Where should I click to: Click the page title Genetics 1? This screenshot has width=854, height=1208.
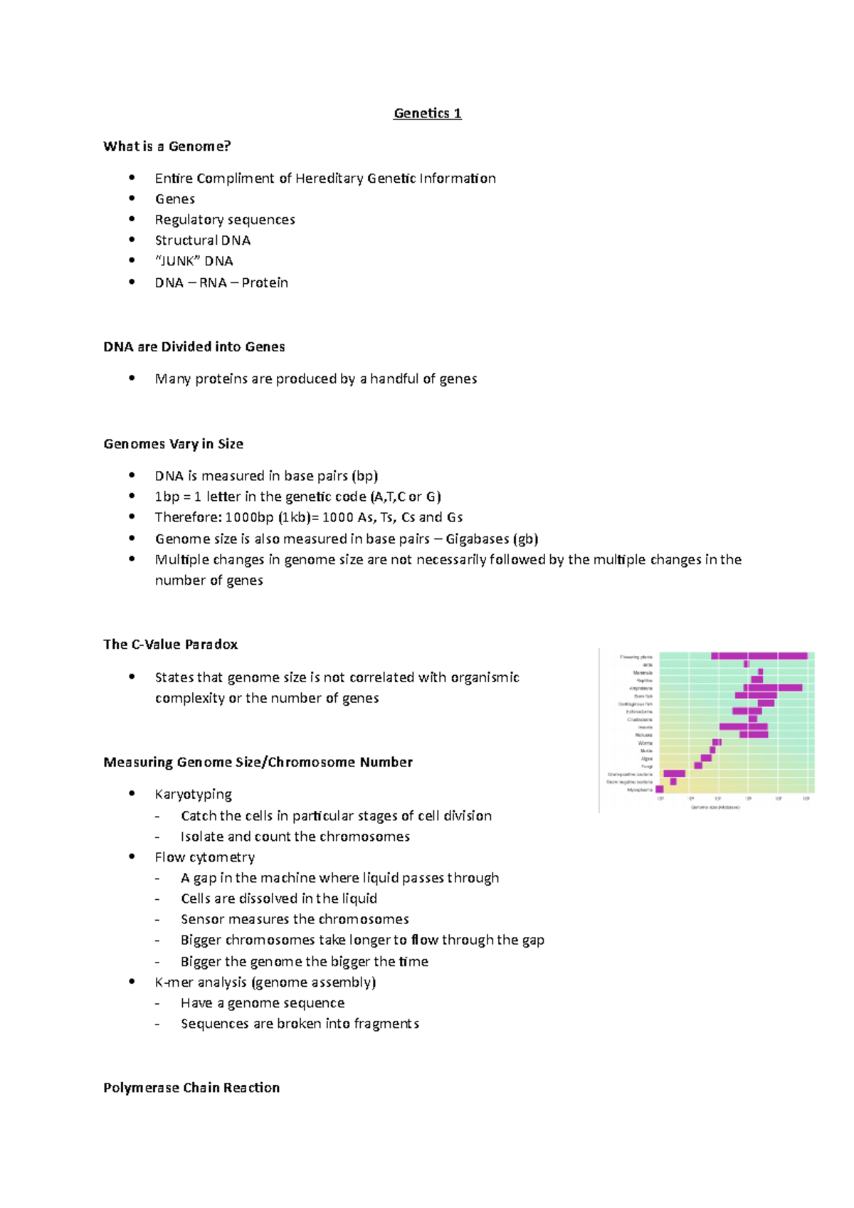[427, 113]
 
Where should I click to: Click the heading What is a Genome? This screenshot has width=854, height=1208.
[167, 147]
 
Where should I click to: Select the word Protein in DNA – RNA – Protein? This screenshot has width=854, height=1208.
[265, 282]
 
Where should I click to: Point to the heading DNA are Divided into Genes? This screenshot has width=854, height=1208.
[194, 347]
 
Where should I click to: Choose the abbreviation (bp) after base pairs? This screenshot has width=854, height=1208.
[364, 476]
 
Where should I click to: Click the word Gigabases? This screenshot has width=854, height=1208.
[477, 539]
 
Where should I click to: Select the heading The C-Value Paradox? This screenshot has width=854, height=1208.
[170, 645]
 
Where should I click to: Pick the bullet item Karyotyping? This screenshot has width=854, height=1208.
[193, 794]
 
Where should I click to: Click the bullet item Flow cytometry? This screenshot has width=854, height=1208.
[204, 857]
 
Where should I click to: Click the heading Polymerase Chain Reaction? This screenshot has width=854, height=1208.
[191, 1088]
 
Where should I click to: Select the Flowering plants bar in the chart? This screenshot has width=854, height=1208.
[759, 656]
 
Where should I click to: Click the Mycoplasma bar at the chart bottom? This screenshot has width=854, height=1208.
[660, 789]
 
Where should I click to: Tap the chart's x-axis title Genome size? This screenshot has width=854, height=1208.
[715, 807]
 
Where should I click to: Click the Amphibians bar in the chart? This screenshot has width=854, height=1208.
[773, 688]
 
